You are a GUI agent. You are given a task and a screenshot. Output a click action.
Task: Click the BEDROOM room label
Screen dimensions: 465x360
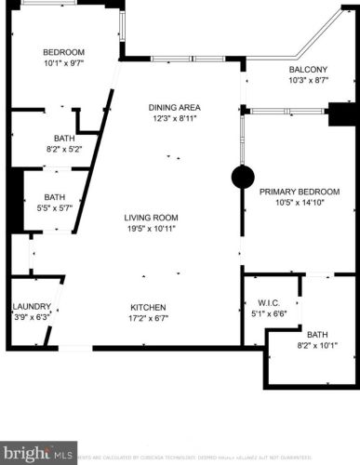(x=63, y=51)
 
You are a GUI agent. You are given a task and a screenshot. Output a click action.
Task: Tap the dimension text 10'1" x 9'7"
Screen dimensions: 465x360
(x=63, y=64)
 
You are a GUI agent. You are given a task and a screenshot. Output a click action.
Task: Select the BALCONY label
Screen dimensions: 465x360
(x=308, y=70)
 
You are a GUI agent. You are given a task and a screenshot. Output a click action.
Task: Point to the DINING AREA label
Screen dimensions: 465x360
(x=176, y=106)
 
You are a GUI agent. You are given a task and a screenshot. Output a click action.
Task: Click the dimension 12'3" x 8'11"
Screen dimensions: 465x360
(x=176, y=119)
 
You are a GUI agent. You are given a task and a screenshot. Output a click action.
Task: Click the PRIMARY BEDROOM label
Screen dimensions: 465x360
(x=300, y=192)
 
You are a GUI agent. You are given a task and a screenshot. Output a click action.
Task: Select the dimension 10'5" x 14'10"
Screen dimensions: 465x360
(x=300, y=205)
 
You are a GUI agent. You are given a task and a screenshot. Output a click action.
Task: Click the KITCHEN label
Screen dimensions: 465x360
(x=147, y=307)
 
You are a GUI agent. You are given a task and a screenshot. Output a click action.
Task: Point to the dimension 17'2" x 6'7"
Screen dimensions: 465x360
(x=147, y=320)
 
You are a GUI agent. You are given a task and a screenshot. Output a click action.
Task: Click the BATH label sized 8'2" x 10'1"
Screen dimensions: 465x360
(x=317, y=335)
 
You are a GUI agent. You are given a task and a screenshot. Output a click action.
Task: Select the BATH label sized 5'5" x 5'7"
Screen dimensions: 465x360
(x=54, y=197)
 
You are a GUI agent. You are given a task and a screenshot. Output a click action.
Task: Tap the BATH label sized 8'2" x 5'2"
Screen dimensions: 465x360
(x=63, y=138)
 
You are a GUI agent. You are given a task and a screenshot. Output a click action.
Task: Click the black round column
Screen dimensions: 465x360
(x=243, y=179)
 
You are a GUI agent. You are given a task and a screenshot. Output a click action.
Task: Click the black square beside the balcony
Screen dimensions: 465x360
(x=342, y=115)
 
